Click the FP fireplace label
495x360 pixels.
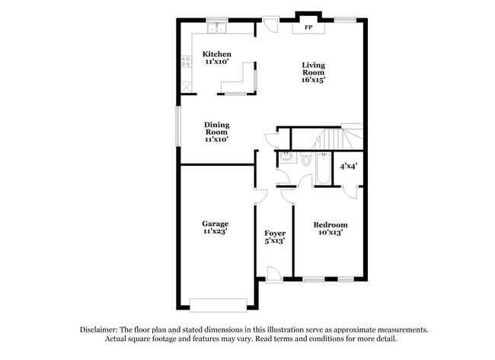click(x=308, y=27)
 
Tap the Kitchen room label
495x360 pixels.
click(x=216, y=54)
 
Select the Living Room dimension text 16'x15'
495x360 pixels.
click(x=318, y=79)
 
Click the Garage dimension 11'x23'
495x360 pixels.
click(x=216, y=231)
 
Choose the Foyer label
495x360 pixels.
click(x=274, y=232)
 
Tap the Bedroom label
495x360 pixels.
click(x=331, y=225)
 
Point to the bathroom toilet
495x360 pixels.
click(x=305, y=160)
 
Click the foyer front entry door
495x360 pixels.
click(x=275, y=276)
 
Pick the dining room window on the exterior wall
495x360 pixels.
click(x=178, y=125)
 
